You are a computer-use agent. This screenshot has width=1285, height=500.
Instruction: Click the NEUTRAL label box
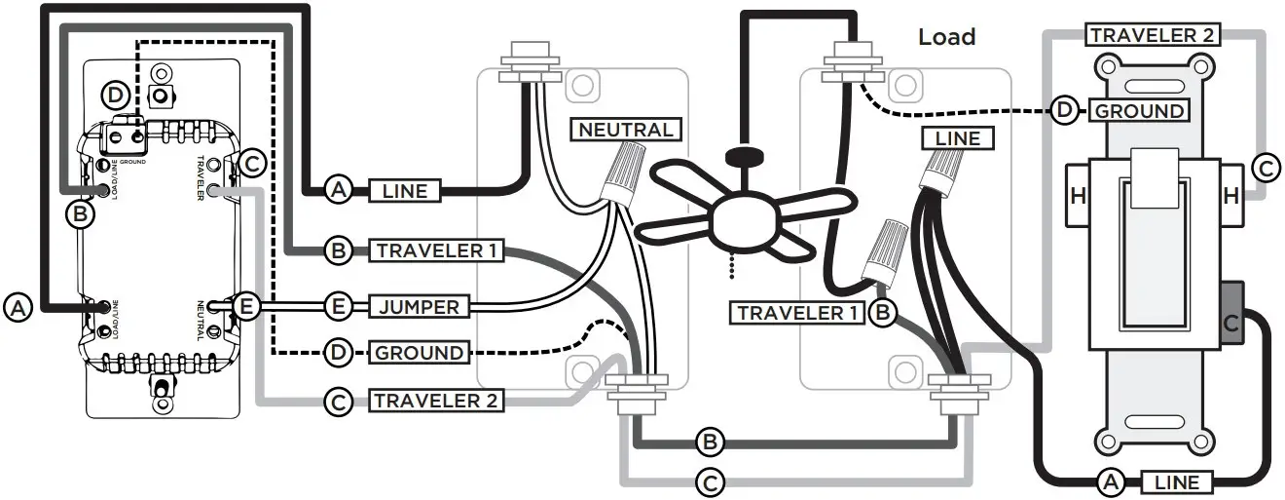(626, 129)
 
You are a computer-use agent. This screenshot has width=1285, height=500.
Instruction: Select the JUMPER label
(418, 307)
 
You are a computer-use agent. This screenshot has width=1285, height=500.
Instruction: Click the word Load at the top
(946, 37)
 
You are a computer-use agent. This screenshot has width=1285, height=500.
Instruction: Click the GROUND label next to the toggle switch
(1140, 110)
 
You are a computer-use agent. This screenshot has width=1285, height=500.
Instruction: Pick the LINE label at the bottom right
(1183, 481)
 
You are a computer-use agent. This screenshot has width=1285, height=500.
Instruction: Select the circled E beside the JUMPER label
(338, 307)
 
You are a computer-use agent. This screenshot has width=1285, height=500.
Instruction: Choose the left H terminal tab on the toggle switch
(1078, 196)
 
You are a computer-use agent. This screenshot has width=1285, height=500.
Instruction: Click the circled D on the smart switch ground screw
(116, 95)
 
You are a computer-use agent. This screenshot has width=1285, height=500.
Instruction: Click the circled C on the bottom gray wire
(711, 480)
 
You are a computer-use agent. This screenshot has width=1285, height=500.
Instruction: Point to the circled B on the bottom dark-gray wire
(711, 442)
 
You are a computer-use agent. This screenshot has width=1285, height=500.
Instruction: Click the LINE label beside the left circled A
(404, 190)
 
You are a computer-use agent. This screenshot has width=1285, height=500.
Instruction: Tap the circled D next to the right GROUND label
(1064, 110)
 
